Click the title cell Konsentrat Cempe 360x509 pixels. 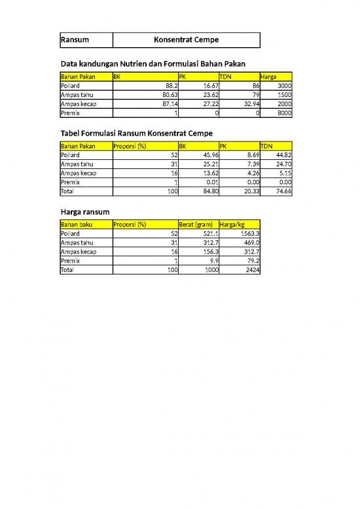tap(186, 41)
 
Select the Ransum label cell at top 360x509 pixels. tap(75, 41)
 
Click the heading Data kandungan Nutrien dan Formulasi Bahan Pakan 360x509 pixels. tap(157, 64)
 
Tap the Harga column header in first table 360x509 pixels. tap(268, 77)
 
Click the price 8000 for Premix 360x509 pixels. tap(284, 113)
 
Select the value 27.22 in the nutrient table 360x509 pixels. tap(206, 104)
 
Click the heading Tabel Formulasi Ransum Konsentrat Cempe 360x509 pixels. tap(136, 133)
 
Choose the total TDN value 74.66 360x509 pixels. tap(283, 191)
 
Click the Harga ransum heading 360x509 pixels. tap(84, 212)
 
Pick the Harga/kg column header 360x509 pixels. tap(234, 224)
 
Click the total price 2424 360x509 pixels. tap(251, 269)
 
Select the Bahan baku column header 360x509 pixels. tap(75, 224)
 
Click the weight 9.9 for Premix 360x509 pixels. tap(210, 260)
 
